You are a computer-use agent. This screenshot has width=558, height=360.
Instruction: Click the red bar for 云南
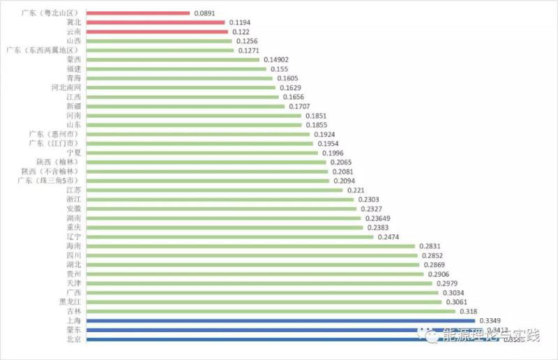pos(157,32)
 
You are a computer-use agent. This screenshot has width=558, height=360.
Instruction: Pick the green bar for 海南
pos(250,246)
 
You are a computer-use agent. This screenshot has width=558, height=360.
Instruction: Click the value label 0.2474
pos(389,237)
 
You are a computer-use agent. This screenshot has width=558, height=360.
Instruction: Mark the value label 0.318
pos(469,311)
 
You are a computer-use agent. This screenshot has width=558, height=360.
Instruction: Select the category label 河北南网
pos(66,88)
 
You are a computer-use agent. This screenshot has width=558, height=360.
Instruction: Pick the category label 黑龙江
pos(70,302)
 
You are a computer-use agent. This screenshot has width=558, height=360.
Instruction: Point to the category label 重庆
pos(73,227)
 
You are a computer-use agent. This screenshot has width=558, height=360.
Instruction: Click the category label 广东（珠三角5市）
pos(49,181)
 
